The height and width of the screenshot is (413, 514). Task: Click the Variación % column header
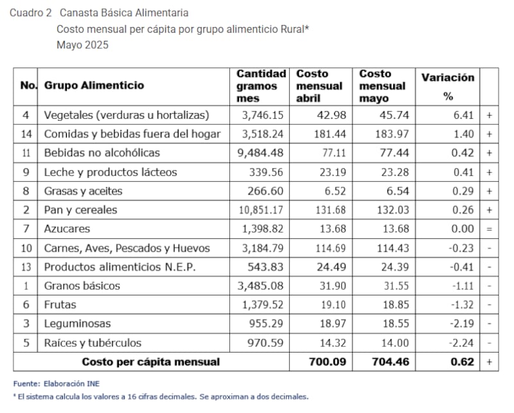(x=448, y=86)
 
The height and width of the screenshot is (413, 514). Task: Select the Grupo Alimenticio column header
(x=94, y=85)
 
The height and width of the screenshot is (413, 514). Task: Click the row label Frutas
(x=60, y=305)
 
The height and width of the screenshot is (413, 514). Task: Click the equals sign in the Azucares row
(x=489, y=229)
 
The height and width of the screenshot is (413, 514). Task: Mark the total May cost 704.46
(x=388, y=362)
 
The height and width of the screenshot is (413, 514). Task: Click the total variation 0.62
(x=463, y=362)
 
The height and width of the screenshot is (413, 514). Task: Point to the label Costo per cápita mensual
(x=150, y=362)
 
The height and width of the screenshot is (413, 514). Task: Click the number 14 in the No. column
(x=26, y=134)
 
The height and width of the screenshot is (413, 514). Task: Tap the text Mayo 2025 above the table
(x=82, y=45)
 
